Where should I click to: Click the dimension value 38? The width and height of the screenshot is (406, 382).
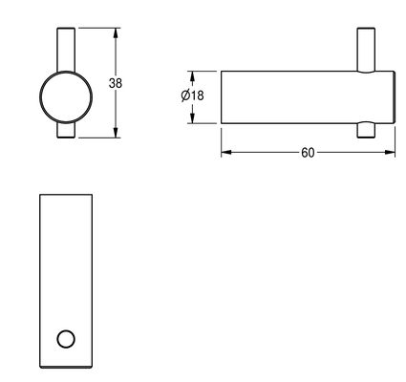click(116, 83)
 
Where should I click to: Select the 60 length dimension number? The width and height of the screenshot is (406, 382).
click(308, 153)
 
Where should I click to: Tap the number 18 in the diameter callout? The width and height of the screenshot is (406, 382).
click(198, 95)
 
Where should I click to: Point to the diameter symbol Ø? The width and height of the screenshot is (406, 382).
click(186, 95)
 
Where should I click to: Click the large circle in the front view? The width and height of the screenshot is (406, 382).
click(40, 97)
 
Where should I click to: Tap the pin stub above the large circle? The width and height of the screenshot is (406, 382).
click(66, 50)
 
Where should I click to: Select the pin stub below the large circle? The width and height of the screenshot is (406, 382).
click(66, 130)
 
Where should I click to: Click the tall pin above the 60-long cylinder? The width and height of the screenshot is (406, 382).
click(366, 50)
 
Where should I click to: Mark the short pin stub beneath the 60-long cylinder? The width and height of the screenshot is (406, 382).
click(366, 130)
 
